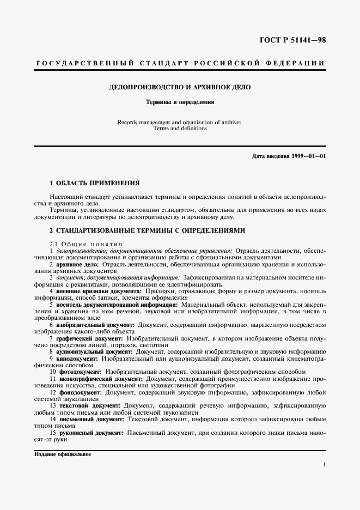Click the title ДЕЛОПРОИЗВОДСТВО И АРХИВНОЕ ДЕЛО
pyautogui.click(x=180, y=87)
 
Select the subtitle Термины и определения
pyautogui.click(x=179, y=101)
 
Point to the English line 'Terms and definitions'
pyautogui.click(x=180, y=129)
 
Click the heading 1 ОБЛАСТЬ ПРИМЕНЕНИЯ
pyautogui.click(x=94, y=183)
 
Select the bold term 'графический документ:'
pyautogui.click(x=87, y=339)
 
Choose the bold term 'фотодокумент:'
pyautogui.click(x=80, y=372)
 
